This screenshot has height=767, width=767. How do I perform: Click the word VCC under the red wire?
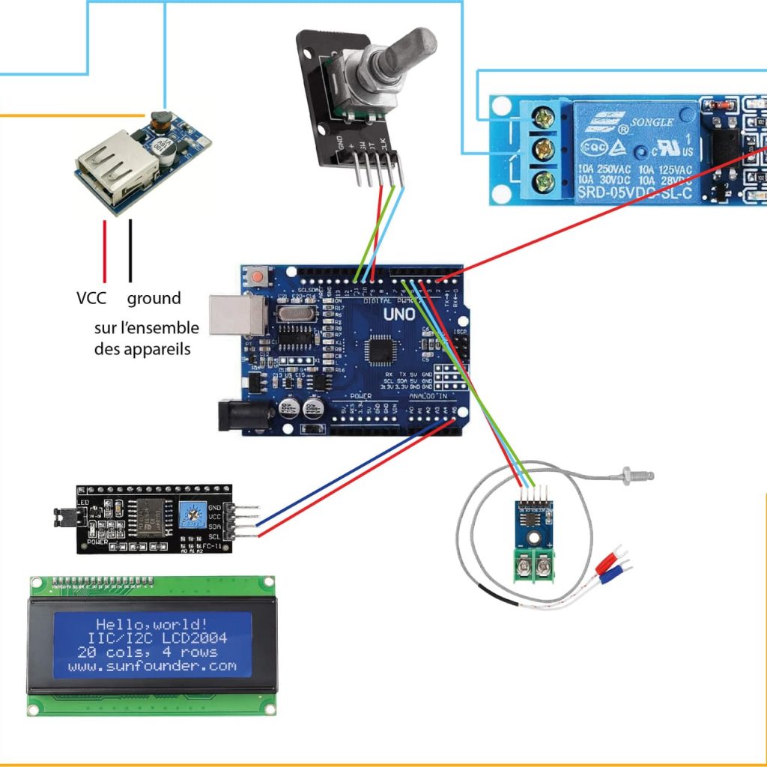91,298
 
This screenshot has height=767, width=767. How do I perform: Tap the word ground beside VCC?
154,298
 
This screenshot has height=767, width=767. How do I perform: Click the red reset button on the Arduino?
258,277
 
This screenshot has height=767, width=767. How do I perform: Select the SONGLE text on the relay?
653,121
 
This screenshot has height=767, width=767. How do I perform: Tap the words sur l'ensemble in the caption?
147,328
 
